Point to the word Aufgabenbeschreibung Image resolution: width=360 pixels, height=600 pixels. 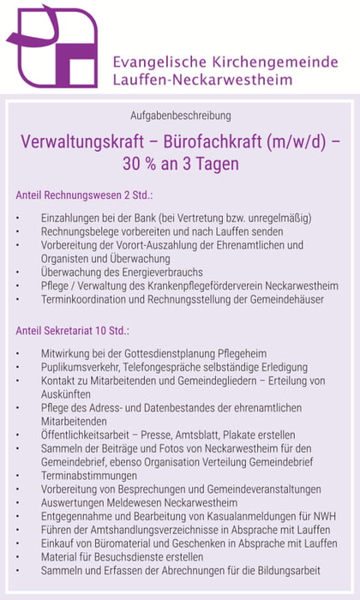click(180, 115)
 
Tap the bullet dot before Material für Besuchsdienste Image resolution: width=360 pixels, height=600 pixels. click(18, 557)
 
